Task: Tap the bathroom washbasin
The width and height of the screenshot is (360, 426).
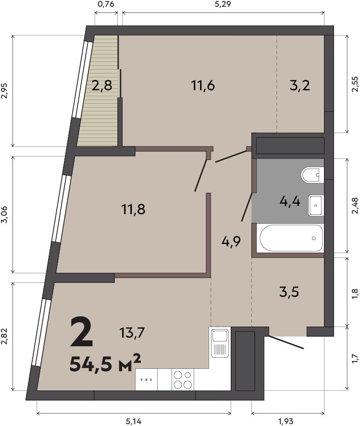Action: tap(316, 206)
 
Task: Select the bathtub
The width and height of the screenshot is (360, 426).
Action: tap(291, 238)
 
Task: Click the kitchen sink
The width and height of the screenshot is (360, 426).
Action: tap(220, 342)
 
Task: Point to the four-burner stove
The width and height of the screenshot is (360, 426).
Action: tap(183, 379)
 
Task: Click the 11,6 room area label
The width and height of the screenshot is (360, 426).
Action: tap(203, 85)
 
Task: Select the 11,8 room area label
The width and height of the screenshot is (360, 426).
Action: tap(133, 209)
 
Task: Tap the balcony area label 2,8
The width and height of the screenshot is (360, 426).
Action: tap(102, 86)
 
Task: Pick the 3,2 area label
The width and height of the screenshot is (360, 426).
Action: tap(300, 86)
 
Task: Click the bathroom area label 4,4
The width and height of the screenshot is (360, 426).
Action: tap(290, 202)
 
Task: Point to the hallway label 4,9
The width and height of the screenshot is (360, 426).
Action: tap(231, 241)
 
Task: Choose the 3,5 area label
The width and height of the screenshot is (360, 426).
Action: tap(289, 292)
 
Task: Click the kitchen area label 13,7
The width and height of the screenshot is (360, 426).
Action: tap(132, 332)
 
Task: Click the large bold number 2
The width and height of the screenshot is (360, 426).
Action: tap(82, 332)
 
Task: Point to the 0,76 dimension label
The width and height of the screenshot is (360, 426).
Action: tap(105, 4)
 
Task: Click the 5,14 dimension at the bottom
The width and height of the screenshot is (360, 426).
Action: tap(134, 421)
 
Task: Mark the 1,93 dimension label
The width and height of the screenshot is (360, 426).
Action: tap(286, 421)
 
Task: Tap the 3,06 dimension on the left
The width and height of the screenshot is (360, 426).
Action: tap(4, 214)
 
